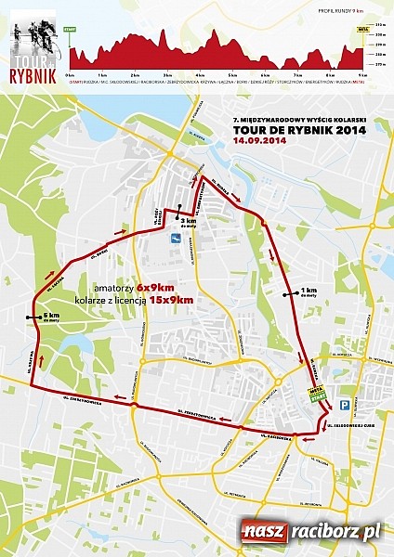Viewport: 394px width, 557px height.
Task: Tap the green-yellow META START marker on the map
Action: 319,395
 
